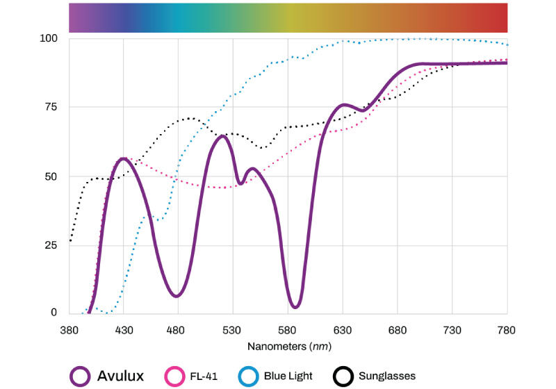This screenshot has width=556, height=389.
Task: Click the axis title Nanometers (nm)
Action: point(288,345)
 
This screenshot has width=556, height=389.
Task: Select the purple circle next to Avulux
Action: point(81,376)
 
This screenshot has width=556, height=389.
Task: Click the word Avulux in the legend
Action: point(120,376)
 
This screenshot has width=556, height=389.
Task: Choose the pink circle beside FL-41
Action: point(173,376)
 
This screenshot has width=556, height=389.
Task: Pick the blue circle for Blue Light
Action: point(248,376)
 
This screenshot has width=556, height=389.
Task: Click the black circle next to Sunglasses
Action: point(342,376)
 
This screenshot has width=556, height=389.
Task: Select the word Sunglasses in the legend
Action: point(386,376)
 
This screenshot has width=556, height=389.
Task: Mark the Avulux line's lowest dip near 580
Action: point(295,306)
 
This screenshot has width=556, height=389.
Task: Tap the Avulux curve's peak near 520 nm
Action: point(222,135)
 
